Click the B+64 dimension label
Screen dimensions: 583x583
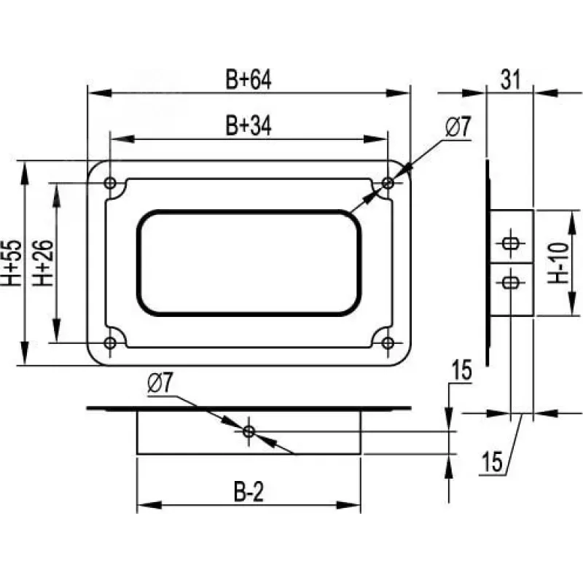(x=249, y=79)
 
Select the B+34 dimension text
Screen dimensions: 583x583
(x=249, y=125)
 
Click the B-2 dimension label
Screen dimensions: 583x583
(x=249, y=491)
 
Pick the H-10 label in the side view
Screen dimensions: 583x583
(x=558, y=263)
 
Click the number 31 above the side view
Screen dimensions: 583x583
(x=511, y=79)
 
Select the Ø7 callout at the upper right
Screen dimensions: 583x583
(x=458, y=126)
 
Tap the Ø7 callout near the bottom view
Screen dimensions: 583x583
(x=160, y=383)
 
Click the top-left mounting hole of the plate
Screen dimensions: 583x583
(x=110, y=183)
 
